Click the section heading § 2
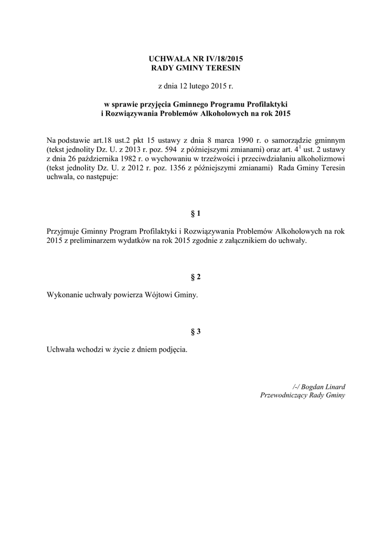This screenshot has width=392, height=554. (x=196, y=277)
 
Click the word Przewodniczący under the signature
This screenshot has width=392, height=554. (x=285, y=395)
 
